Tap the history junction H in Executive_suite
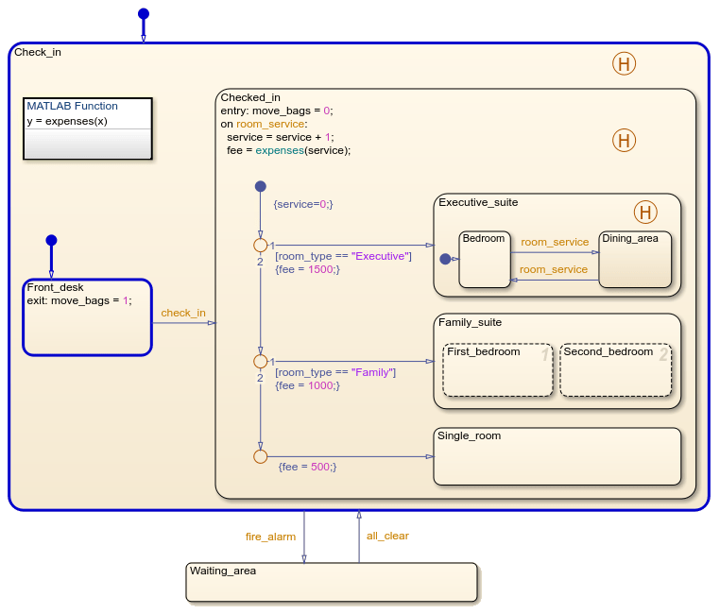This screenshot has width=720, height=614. point(644,212)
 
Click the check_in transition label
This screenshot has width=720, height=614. point(183,313)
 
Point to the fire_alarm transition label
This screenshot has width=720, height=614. point(270,537)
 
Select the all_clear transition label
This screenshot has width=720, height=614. point(387,536)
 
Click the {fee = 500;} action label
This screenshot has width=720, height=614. point(307,467)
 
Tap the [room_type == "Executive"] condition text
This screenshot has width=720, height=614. point(343,256)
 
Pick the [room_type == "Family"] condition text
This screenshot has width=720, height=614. point(335,372)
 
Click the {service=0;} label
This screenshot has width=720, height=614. point(302,204)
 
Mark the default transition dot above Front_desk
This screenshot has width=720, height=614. point(51,240)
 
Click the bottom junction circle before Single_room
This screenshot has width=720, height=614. point(260,456)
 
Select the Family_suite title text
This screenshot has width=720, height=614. point(470,322)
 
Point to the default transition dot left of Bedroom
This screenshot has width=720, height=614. point(445,258)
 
